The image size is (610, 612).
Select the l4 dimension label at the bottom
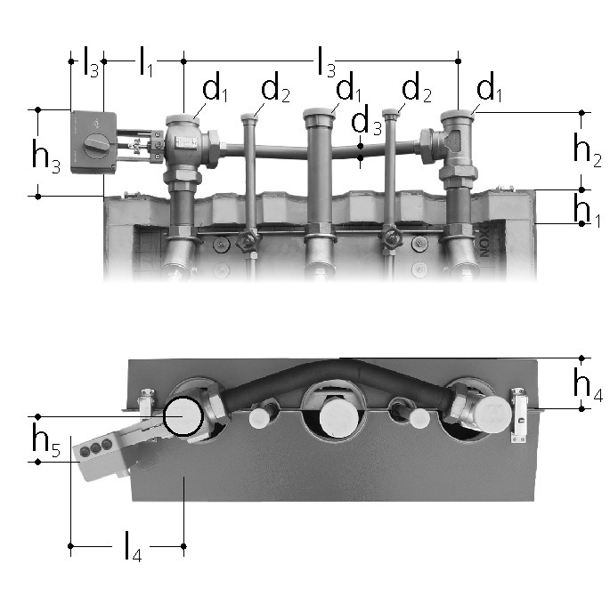[x=133, y=545]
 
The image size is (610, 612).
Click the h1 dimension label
[x=587, y=210]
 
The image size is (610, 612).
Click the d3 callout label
[x=366, y=120]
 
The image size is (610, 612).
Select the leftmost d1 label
[x=215, y=88]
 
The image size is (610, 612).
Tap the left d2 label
[x=275, y=88]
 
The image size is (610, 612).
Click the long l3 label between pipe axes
[x=326, y=61]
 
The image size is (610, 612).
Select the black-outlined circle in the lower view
[x=183, y=416]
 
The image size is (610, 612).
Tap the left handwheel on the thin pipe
[x=248, y=240]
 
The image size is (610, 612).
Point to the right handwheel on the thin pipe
[x=391, y=237]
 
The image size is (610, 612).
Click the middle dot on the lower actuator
[x=96, y=448]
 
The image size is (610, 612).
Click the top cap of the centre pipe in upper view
[x=319, y=114]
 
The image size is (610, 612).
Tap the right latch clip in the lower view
[x=518, y=415]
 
